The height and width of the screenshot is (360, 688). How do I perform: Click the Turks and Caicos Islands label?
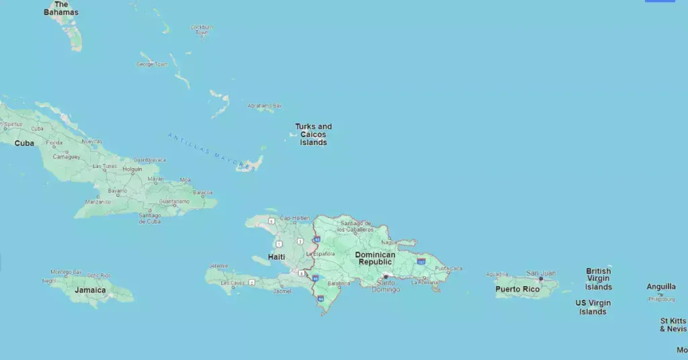click(313, 134)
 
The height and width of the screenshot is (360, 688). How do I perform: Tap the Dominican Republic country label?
click(375, 259)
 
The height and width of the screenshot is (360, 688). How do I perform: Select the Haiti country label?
click(276, 257)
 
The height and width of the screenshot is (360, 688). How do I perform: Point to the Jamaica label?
click(90, 290)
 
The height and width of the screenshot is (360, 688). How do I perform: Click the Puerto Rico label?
click(517, 289)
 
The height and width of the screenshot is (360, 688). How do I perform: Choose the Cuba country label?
click(24, 143)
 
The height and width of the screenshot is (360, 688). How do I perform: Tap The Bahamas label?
click(61, 8)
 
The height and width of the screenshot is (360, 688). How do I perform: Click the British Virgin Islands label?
click(598, 279)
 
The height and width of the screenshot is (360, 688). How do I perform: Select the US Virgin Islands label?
click(593, 308)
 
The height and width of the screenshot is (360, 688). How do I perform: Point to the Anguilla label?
click(661, 287)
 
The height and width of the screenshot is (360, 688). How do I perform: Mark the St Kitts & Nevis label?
click(673, 325)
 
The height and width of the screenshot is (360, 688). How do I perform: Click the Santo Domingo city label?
click(386, 286)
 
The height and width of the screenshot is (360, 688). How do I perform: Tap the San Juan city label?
click(541, 273)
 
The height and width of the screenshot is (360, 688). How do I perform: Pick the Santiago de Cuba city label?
click(149, 218)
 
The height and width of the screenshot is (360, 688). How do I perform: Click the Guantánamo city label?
click(174, 201)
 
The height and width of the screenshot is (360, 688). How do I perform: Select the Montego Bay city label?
click(66, 272)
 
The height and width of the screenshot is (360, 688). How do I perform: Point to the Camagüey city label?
click(67, 156)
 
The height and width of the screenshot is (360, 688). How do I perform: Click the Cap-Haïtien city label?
click(295, 218)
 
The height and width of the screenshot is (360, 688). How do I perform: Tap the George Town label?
click(152, 64)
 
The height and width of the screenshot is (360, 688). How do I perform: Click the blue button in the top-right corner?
click(660, 1)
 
